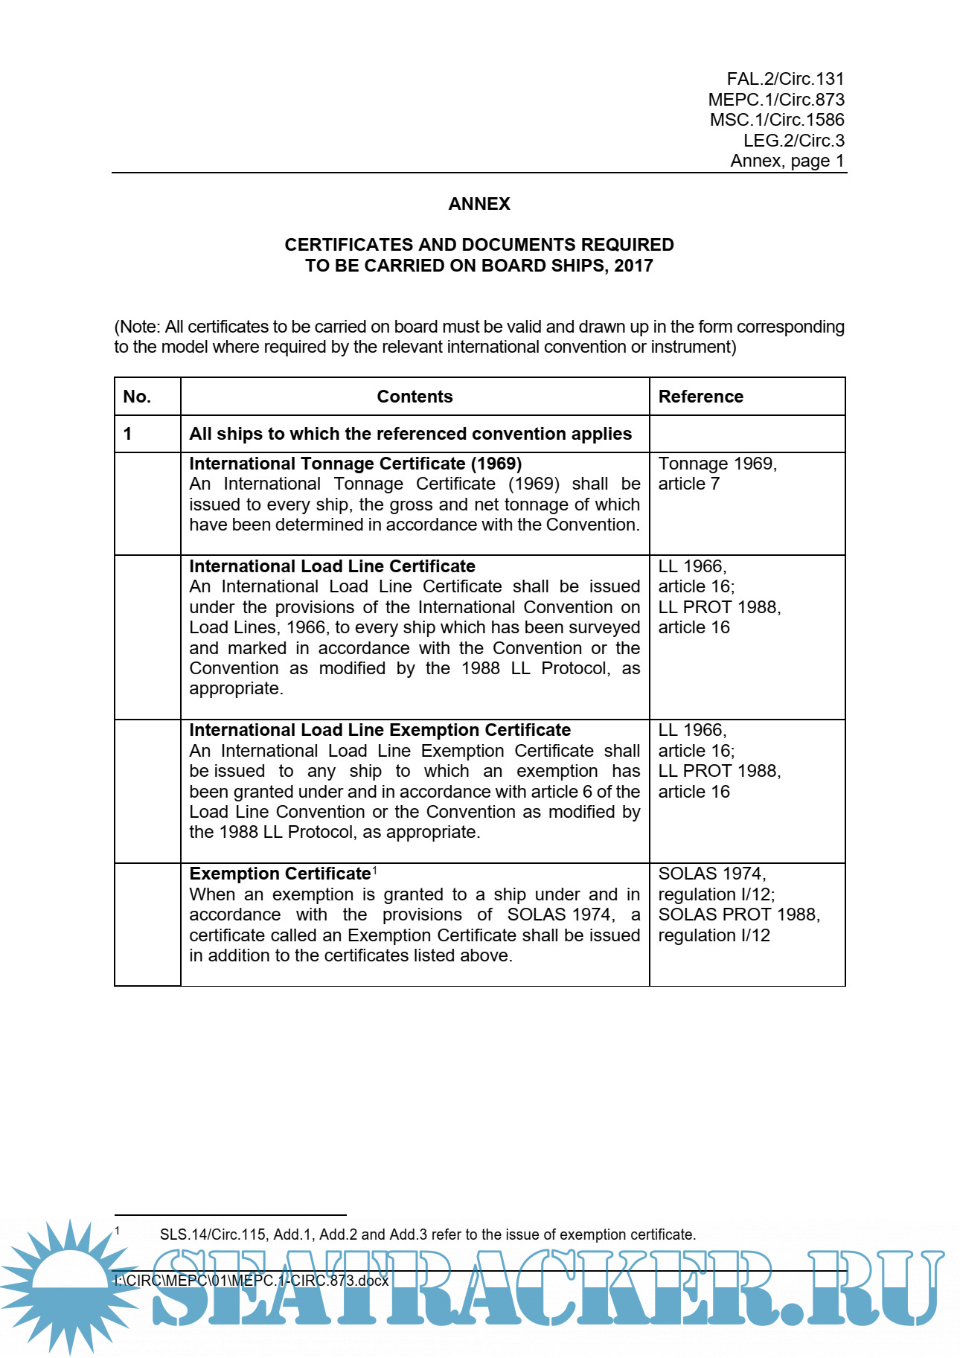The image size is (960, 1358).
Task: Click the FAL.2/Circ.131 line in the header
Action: click(x=785, y=79)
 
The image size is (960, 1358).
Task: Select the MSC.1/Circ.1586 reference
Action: click(x=777, y=120)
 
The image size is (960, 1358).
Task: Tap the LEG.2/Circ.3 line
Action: click(x=793, y=141)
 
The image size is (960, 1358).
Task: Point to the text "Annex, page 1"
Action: click(x=787, y=161)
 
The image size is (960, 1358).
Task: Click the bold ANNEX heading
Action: click(x=479, y=204)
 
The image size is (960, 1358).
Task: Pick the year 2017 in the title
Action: click(x=633, y=266)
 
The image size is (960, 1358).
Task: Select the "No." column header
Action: click(x=137, y=397)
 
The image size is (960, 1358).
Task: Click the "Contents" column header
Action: click(x=415, y=397)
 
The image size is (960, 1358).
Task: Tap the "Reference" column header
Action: click(x=700, y=397)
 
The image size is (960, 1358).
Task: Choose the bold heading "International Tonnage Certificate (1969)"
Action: click(x=355, y=464)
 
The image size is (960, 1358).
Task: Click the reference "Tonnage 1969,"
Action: click(x=717, y=464)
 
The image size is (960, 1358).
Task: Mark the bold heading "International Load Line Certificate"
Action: click(x=332, y=566)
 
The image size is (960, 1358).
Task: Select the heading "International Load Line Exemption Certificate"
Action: click(x=380, y=730)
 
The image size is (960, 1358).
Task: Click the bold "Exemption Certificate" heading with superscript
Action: click(x=280, y=874)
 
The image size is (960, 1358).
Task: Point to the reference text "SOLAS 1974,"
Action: click(x=711, y=874)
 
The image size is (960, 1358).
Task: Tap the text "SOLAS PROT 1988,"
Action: click(x=739, y=915)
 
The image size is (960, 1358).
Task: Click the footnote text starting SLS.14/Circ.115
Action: click(x=427, y=1234)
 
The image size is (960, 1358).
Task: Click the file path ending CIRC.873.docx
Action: click(x=252, y=1281)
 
